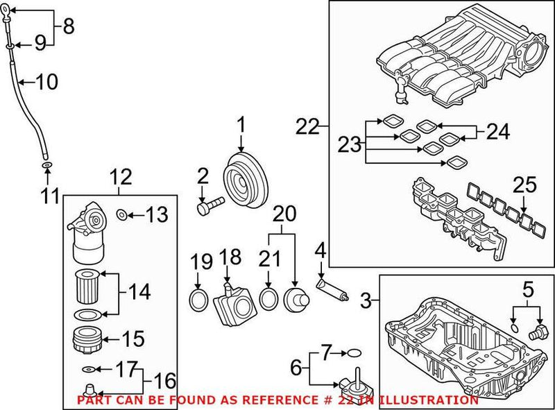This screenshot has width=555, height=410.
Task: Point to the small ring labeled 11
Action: click(x=46, y=166)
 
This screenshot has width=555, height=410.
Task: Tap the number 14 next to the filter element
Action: click(x=138, y=292)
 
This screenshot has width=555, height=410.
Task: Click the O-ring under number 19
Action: click(x=198, y=300)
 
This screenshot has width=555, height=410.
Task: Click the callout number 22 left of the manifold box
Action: click(x=308, y=127)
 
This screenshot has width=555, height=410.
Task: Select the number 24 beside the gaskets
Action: click(x=497, y=130)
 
